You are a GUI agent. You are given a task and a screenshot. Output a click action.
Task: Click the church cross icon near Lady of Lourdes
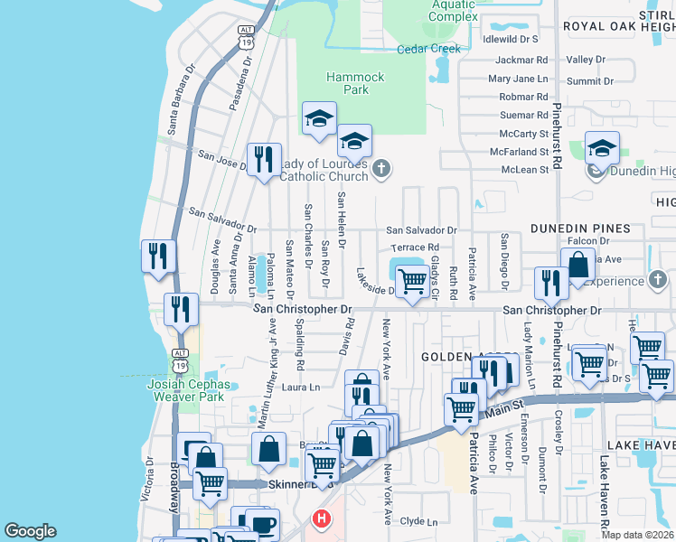382,167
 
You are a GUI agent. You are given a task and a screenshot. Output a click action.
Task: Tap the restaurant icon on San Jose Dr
264,160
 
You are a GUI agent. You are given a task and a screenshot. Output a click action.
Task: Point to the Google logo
30,531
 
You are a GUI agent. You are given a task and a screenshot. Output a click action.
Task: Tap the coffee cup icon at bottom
262,523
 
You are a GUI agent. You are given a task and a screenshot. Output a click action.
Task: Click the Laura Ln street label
302,388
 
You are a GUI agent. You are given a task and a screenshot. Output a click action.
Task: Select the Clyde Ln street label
418,521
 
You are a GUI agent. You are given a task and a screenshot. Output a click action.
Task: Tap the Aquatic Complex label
453,11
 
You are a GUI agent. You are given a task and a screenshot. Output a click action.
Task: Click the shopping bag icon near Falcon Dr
578,266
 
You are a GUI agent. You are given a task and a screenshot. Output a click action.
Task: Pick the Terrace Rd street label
415,247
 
